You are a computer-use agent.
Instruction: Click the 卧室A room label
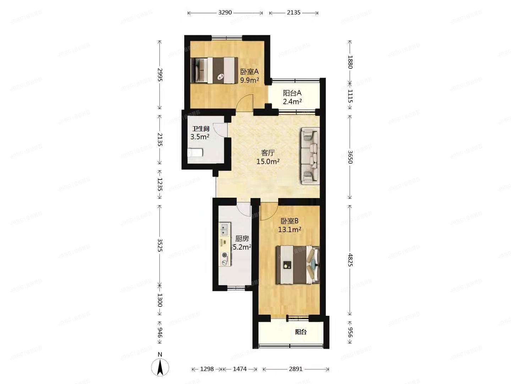pyautogui.click(x=249, y=71)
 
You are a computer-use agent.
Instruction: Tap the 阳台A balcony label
pyautogui.click(x=292, y=93)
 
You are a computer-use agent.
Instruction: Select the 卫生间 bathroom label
pyautogui.click(x=200, y=129)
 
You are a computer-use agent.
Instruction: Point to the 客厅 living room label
pyautogui.click(x=268, y=153)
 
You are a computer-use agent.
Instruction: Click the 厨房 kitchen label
pyautogui.click(x=242, y=239)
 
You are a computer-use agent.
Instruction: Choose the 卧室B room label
pyautogui.click(x=290, y=221)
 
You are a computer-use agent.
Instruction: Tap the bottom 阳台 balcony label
pyautogui.click(x=301, y=332)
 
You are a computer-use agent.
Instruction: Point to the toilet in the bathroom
pyautogui.click(x=195, y=153)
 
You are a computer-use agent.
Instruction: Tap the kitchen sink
pyautogui.click(x=225, y=229)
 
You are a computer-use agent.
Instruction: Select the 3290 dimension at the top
pyautogui.click(x=225, y=12)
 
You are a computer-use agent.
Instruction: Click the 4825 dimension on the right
pyautogui.click(x=350, y=260)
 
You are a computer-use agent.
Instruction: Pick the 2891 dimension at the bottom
pyautogui.click(x=296, y=369)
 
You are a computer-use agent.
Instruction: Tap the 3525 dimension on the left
pyautogui.click(x=160, y=245)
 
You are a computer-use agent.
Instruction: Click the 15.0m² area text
pyautogui.click(x=268, y=161)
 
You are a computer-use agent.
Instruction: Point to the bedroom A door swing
pyautogui.click(x=245, y=102)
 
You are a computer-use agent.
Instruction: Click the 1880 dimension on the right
pyautogui.click(x=350, y=62)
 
